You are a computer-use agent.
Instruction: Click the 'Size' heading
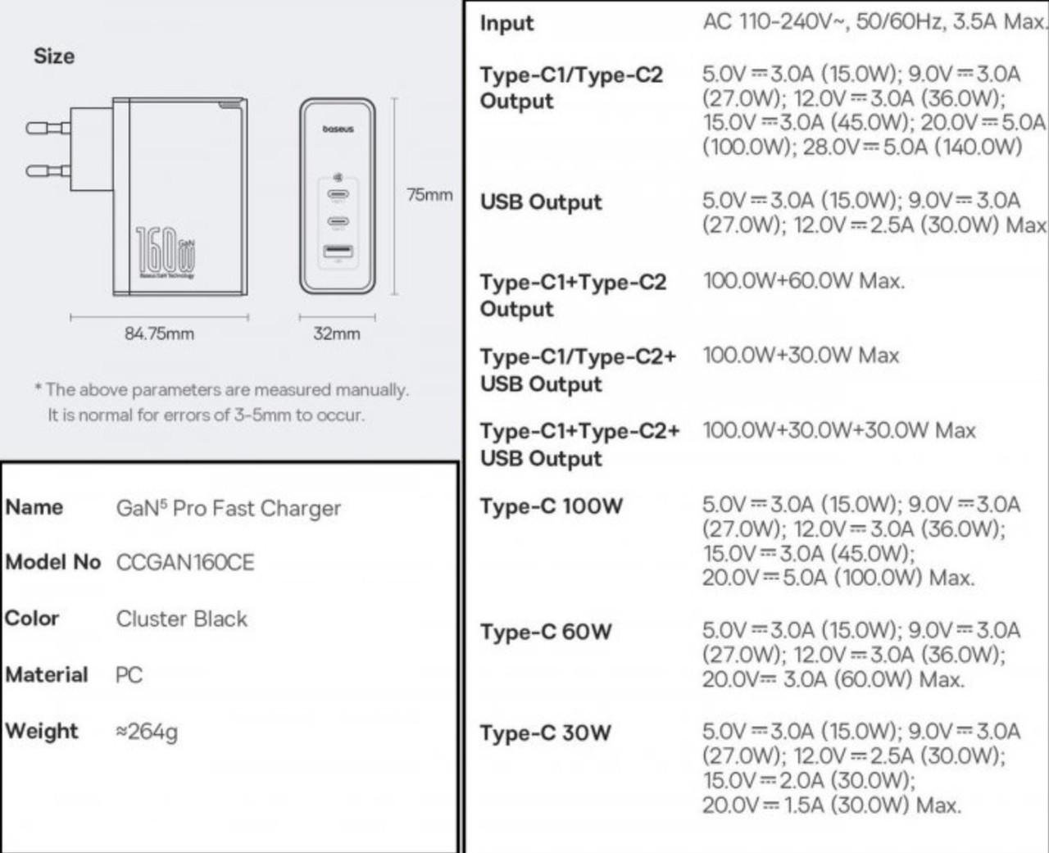(54, 57)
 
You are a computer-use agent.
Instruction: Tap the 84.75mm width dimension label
(159, 333)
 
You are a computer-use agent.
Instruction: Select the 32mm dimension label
(336, 333)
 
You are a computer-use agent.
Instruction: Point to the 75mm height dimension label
(429, 195)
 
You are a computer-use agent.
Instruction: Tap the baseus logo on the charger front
(338, 129)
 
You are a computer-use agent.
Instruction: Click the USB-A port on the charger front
(338, 253)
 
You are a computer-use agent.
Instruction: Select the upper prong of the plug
(48, 128)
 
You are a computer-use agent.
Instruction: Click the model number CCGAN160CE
(185, 563)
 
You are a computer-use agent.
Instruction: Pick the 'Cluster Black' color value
(181, 619)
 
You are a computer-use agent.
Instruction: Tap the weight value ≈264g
(147, 731)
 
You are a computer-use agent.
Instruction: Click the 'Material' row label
(47, 674)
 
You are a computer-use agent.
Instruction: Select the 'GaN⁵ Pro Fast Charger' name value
(228, 508)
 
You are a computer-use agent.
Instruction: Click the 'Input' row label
(506, 24)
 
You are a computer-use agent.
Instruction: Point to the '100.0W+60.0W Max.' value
(803, 281)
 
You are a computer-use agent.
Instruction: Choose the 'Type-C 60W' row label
(546, 632)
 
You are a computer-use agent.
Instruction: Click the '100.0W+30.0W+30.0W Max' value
(838, 430)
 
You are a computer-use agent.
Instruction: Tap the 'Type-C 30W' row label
(546, 733)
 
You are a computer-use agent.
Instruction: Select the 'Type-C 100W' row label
(552, 506)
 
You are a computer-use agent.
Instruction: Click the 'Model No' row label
(52, 562)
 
